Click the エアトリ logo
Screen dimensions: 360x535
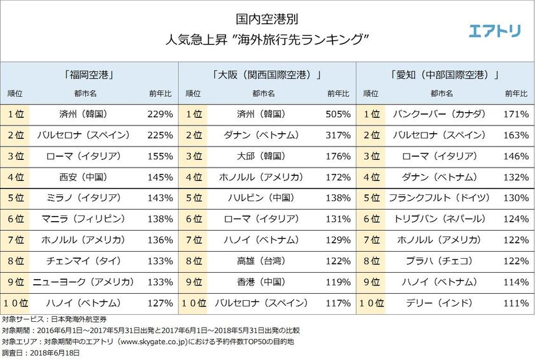[494, 31]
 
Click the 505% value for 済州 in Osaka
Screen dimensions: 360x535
[338, 115]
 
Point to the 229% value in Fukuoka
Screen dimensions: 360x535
[160, 115]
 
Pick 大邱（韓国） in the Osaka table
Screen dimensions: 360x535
[259, 156]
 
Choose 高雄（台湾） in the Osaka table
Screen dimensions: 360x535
[259, 261]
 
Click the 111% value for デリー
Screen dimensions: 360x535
[516, 302]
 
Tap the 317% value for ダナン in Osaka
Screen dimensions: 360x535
[338, 136]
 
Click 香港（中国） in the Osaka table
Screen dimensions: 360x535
[259, 281]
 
